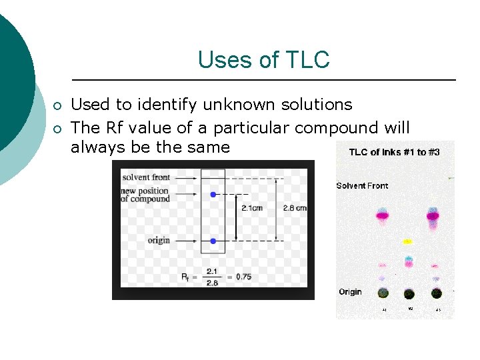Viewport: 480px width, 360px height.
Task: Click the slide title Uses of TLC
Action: tap(263, 60)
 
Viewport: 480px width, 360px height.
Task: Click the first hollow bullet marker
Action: tap(58, 106)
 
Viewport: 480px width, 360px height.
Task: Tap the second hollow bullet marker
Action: tap(58, 129)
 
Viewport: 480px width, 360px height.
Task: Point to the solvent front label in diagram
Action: tap(145, 177)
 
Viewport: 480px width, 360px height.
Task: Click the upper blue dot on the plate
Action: tap(213, 195)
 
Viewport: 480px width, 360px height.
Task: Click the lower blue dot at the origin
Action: tap(213, 241)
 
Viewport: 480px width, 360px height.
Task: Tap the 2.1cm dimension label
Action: tap(252, 208)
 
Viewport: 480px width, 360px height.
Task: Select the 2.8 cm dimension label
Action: tap(295, 208)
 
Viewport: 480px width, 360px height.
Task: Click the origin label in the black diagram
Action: tap(159, 240)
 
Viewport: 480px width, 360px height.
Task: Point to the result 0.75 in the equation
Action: tap(243, 277)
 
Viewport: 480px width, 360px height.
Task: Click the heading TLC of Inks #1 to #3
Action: tap(394, 152)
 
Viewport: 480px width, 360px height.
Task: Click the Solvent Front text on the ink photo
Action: tap(362, 186)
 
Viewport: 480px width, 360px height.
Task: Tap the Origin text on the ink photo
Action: tap(350, 292)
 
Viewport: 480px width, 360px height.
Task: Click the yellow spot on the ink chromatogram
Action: tap(408, 241)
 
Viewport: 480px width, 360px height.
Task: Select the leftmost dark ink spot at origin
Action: tap(383, 293)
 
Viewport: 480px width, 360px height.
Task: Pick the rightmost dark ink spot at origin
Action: tap(436, 293)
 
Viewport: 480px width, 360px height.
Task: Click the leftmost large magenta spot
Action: tap(382, 215)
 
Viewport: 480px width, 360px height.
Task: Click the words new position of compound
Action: tap(145, 195)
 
